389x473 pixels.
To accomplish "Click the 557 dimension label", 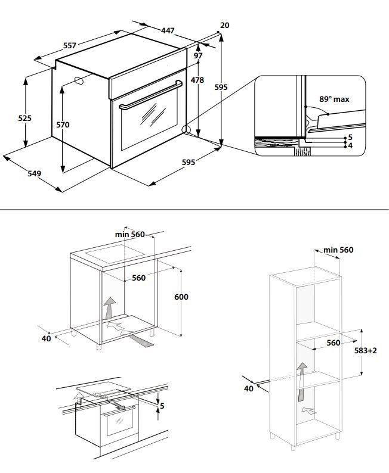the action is coord(69,45).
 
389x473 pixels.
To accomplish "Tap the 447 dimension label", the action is coord(167,30).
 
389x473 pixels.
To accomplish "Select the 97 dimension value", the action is coord(198,55).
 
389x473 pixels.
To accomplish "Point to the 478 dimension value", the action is coord(197,80).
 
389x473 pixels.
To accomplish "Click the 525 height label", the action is coord(25,118).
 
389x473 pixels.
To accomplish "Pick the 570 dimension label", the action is coord(63,125).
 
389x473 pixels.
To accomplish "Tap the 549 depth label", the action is coord(34,173).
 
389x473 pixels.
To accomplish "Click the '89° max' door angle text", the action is coord(334,99).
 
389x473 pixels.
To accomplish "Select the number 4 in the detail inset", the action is coord(350,146).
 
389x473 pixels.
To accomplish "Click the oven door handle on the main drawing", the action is coord(151,95).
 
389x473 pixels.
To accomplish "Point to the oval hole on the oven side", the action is coord(79,80).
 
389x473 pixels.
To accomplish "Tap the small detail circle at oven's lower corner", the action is coord(186,130).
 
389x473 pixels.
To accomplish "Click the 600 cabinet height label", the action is coord(181,297).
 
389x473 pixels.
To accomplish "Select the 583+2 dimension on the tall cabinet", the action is coord(366,350).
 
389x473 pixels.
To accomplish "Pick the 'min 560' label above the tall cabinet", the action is coord(338,250).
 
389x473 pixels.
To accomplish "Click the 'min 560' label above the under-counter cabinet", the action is coord(130,234).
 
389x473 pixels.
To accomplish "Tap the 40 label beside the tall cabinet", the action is coord(249,388).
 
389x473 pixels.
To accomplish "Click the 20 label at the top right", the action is coord(224,26).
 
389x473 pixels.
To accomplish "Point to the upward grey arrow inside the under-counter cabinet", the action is coord(109,308).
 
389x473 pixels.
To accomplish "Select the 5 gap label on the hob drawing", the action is coord(162,406).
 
